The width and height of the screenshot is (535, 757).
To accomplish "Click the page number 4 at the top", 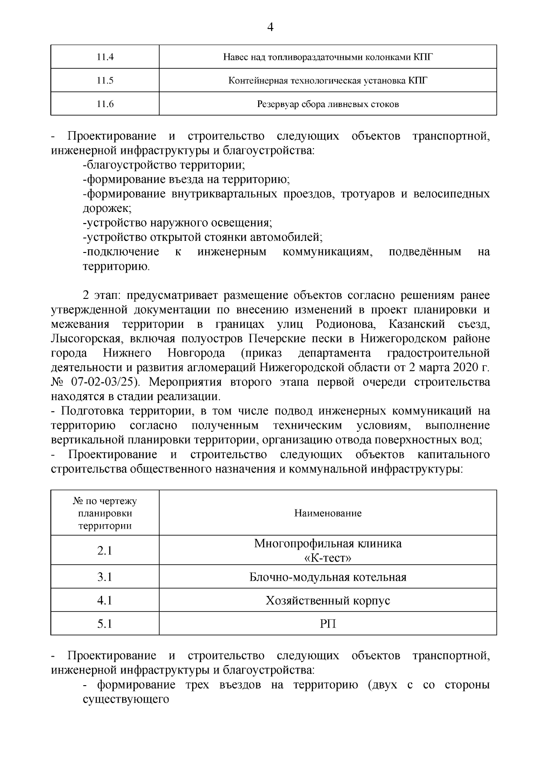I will [270, 27].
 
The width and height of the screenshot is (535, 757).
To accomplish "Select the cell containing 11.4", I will [105, 57].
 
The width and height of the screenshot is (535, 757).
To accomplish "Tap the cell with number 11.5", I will [105, 80].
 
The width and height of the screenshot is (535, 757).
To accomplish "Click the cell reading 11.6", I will [105, 104].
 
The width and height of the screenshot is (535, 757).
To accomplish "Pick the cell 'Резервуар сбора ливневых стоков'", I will [328, 104].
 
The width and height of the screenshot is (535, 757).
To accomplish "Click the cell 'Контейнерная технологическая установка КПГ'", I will [328, 80].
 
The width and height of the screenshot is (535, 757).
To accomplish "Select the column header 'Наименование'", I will [328, 513].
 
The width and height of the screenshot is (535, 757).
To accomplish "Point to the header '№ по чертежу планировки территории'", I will [105, 513].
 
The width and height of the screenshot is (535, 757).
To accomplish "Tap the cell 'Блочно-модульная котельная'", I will [328, 577].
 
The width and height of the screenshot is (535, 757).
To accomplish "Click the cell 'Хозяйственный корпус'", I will [328, 600].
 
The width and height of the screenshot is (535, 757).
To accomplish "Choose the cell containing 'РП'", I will [328, 624].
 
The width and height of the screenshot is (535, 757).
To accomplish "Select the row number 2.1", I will [105, 550].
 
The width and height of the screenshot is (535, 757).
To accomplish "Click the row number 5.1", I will [105, 624].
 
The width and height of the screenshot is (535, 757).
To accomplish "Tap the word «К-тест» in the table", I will [328, 558].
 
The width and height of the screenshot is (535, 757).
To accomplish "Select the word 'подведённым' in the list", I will [425, 252].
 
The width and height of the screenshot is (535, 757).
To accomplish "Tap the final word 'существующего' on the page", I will [126, 699].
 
